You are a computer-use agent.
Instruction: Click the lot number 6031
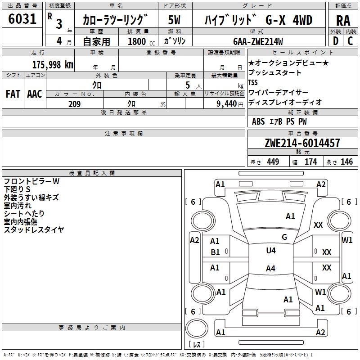22,20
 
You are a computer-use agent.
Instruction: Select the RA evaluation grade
343,21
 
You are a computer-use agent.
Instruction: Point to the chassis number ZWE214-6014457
302,143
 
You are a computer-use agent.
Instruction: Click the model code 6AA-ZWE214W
258,41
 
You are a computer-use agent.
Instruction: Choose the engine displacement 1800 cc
137,41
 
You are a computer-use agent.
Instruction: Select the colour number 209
74,104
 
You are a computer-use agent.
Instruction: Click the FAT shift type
13,94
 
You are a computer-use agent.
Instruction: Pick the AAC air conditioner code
35,94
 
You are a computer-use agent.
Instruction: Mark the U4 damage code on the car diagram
271,251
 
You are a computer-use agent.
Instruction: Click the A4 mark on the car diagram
270,269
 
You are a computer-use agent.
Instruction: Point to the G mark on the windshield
284,237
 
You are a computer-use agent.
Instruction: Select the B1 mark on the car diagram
216,252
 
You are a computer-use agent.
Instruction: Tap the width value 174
311,162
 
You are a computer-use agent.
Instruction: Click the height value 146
346,162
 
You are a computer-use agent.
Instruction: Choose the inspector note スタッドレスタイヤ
34,230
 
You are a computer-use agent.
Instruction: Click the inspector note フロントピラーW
31,181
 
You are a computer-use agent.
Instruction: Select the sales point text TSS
253,82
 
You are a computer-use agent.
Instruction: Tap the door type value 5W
175,20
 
